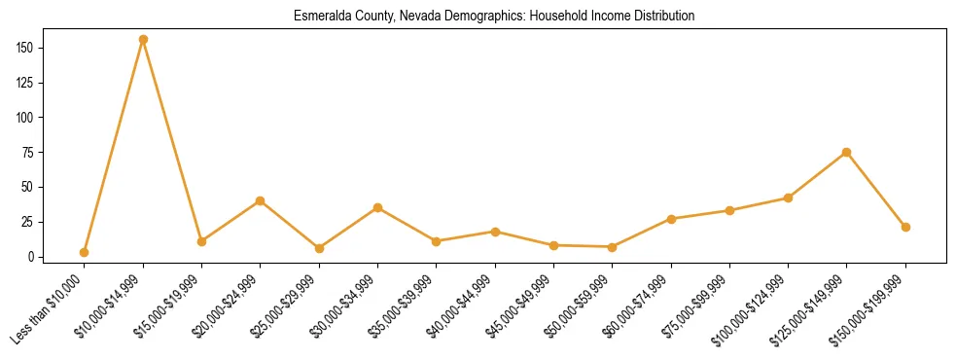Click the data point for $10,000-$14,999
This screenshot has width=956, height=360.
click(143, 40)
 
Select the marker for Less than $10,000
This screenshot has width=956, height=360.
click(85, 252)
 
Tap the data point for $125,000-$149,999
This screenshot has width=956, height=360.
click(846, 152)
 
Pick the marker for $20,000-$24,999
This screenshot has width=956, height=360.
click(260, 200)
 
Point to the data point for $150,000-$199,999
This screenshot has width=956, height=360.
click(905, 227)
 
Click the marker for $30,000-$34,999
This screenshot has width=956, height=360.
click(377, 207)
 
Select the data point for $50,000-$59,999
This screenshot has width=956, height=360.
click(612, 247)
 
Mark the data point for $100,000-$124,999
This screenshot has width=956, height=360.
click(788, 198)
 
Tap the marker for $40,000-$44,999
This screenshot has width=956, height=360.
click(495, 232)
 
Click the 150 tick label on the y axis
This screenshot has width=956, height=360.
click(26, 48)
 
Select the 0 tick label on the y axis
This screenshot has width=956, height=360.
click(32, 257)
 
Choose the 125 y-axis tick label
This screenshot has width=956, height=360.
click(26, 83)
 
